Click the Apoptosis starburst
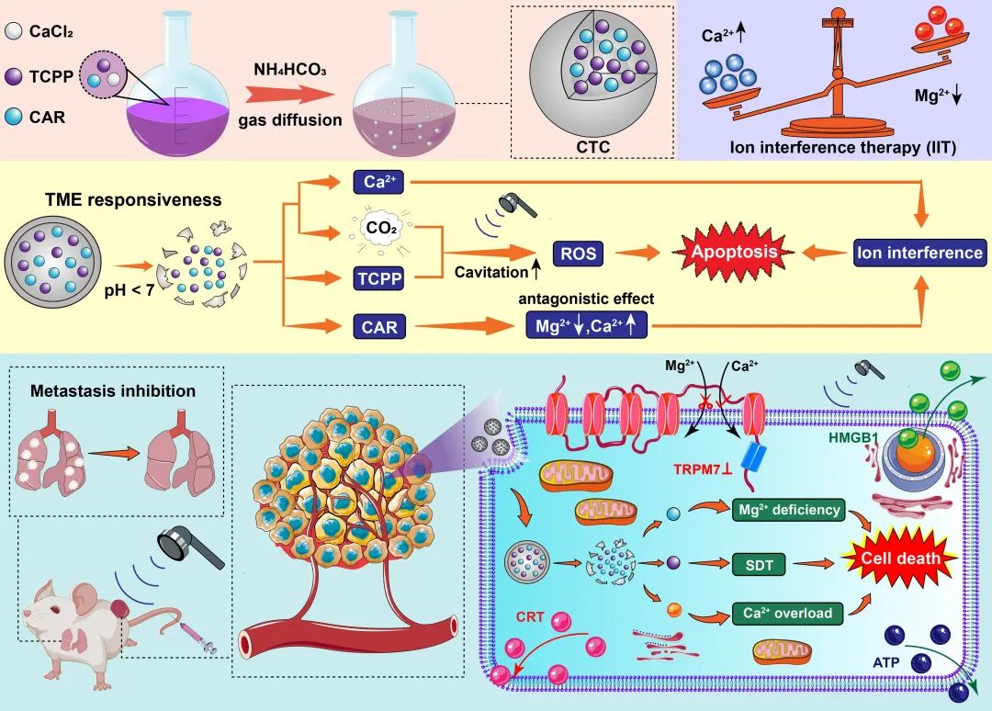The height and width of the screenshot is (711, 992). coord(733,251)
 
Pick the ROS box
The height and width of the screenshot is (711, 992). coord(578,251)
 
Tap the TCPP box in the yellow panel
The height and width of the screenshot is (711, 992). coord(379,277)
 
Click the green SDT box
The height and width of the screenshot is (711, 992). coord(758,566)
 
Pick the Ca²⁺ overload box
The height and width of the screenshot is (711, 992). coord(783,613)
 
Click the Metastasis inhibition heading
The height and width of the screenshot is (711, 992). coord(113,390)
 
